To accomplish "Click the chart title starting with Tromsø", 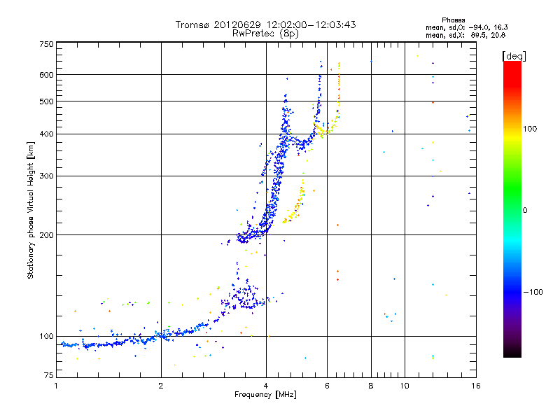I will coord(265,24).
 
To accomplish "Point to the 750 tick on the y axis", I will coord(46,44).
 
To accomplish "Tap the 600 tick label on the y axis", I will coord(46,75).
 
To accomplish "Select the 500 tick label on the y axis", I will coord(46,101).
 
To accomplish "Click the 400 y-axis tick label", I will coord(46,134).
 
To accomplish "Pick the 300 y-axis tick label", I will coord(46,176).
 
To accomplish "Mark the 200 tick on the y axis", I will coord(46,235).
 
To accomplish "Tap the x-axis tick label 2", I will coord(161,386).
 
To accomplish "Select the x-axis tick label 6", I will coord(328,386).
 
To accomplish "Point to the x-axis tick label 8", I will coord(371,386).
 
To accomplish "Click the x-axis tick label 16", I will coord(475,386).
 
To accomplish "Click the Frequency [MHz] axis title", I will coord(265,395).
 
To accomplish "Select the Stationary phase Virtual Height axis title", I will coord(31,211).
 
